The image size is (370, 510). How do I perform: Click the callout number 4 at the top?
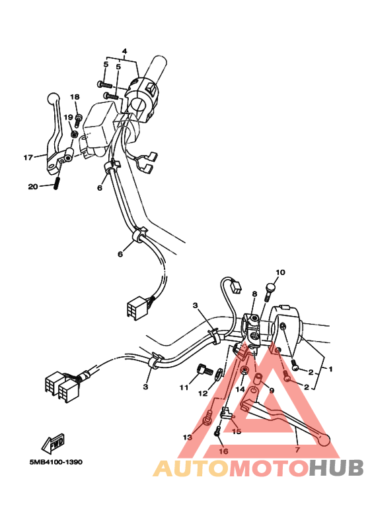point(124,51)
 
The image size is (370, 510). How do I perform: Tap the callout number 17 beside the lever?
point(28,158)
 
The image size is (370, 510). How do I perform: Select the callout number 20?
point(33,187)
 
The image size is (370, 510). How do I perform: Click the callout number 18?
point(75,97)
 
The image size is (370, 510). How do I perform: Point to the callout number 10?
point(280,272)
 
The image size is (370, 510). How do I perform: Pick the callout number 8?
point(254,294)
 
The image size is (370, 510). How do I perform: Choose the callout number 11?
point(184,387)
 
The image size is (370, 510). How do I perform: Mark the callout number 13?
point(188,437)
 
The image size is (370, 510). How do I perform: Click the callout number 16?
point(223,451)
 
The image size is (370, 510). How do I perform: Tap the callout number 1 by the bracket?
point(330,369)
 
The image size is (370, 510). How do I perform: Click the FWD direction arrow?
point(53,443)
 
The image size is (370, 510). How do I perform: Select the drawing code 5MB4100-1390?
point(56,462)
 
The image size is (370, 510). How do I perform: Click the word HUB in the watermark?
point(336,468)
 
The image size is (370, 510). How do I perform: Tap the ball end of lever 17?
point(53,97)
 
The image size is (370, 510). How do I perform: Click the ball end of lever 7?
point(324,440)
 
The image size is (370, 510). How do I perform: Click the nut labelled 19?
point(75,134)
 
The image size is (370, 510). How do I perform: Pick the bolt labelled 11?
point(203,370)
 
